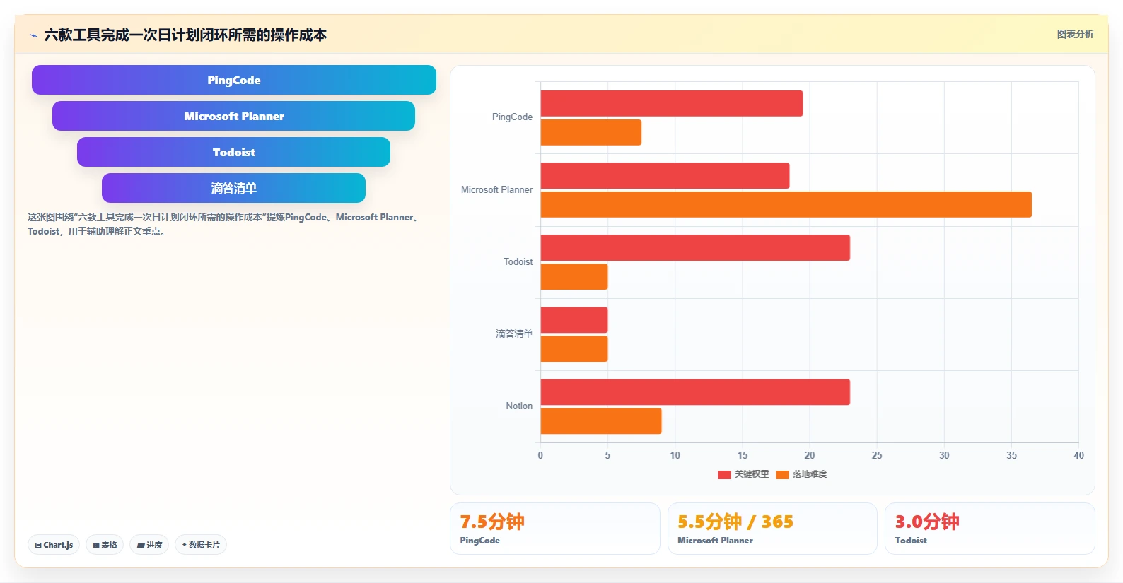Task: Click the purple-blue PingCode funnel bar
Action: click(233, 80)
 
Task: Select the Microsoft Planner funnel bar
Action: click(233, 116)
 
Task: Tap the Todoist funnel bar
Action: click(233, 152)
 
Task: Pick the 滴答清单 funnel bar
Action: click(233, 188)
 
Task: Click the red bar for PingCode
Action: click(672, 103)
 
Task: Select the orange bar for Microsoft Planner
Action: click(786, 204)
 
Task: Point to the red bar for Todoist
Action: click(695, 247)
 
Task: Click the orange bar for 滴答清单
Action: click(574, 348)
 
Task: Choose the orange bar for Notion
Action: click(601, 420)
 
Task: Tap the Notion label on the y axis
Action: click(519, 406)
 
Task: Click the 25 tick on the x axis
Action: click(877, 455)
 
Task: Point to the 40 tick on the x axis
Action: click(1078, 455)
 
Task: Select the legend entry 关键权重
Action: click(743, 474)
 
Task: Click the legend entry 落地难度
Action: click(802, 474)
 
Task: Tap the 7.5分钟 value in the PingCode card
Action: click(492, 522)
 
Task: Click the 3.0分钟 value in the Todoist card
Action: click(927, 522)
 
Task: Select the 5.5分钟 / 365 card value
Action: click(735, 522)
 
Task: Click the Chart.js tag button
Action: click(54, 544)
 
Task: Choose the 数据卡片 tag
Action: click(201, 544)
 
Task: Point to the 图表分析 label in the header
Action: click(1076, 34)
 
